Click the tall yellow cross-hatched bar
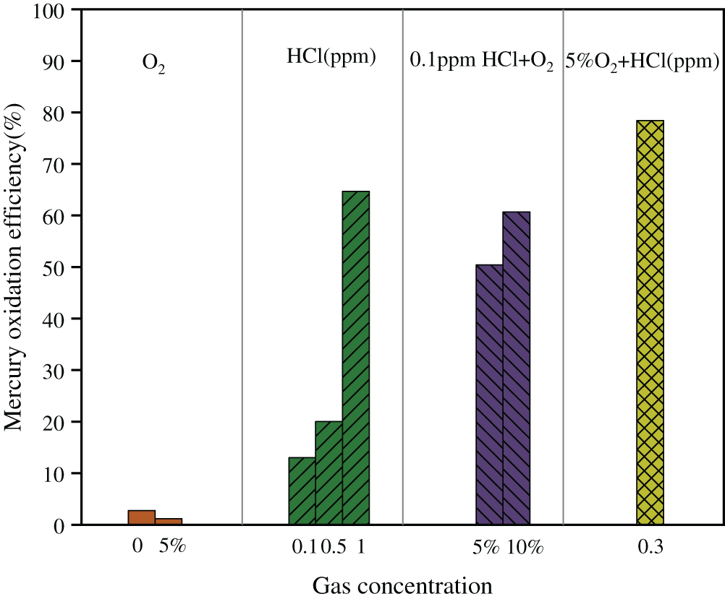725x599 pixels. click(650, 322)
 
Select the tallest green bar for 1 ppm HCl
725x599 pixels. click(356, 358)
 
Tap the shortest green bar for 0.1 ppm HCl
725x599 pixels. click(302, 491)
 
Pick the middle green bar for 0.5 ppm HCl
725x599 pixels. click(328, 473)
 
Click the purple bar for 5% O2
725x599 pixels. click(489, 395)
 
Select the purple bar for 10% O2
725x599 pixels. click(517, 369)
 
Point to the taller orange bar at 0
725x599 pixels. click(142, 517)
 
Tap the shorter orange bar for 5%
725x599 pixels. click(169, 521)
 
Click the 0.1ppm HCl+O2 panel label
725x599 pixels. click(482, 63)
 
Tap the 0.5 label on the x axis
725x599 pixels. click(334, 547)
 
